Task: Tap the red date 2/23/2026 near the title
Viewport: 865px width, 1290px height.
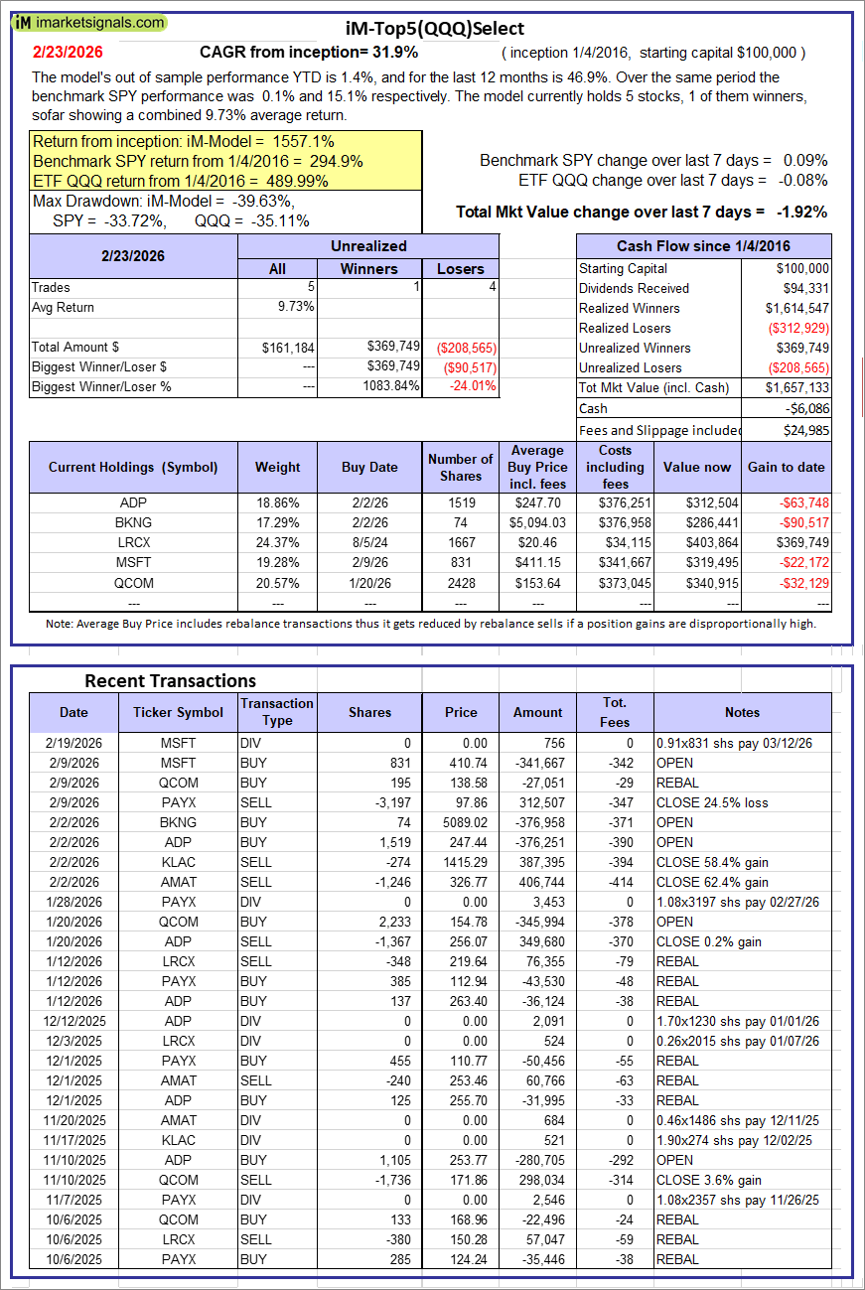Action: pyautogui.click(x=67, y=52)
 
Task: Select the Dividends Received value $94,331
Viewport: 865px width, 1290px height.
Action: pyautogui.click(x=802, y=288)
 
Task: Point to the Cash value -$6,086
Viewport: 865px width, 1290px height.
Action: pyautogui.click(x=805, y=408)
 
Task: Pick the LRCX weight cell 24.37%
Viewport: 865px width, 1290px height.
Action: pyautogui.click(x=277, y=542)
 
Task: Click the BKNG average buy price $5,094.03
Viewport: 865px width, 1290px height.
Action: pyautogui.click(x=537, y=522)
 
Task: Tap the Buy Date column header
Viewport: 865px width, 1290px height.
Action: pyautogui.click(x=369, y=467)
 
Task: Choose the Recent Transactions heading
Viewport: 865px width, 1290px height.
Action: pyautogui.click(x=170, y=680)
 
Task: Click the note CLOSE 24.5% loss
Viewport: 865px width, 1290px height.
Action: pyautogui.click(x=712, y=802)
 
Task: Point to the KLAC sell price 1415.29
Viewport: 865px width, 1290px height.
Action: pyautogui.click(x=461, y=862)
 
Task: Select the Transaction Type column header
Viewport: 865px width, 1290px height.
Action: pyautogui.click(x=277, y=712)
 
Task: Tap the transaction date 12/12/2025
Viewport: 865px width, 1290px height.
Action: pyautogui.click(x=73, y=1021)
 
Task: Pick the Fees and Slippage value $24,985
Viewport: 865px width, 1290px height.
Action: pyautogui.click(x=805, y=429)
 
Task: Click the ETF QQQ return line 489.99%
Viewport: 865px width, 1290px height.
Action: pyautogui.click(x=181, y=181)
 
